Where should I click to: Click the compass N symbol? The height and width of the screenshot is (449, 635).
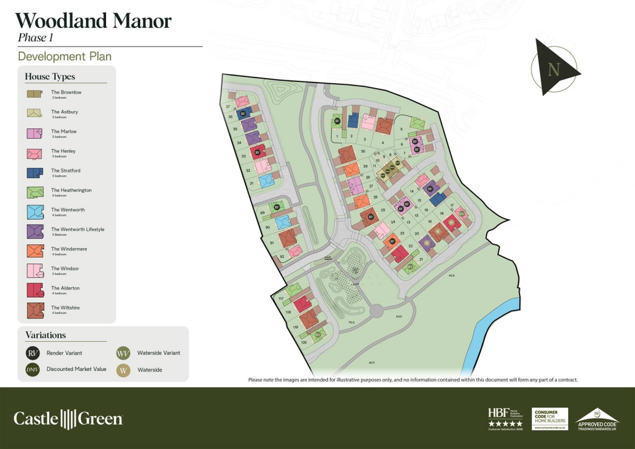(554, 69)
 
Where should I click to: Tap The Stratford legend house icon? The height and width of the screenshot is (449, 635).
(34, 172)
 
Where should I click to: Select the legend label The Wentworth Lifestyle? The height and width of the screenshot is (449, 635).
(78, 229)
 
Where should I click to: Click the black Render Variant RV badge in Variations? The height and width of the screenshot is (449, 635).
(33, 353)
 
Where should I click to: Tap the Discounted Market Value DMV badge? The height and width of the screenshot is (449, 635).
(33, 370)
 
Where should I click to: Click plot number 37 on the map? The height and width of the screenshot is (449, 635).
(228, 107)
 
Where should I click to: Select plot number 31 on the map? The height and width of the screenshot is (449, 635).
(252, 184)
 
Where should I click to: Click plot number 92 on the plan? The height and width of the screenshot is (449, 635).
(282, 256)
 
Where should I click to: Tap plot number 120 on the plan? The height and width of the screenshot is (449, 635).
(304, 342)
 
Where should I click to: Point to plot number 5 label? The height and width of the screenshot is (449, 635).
(402, 129)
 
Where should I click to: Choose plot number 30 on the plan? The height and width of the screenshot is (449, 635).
(363, 151)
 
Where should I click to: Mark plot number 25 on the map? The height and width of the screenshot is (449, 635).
(383, 210)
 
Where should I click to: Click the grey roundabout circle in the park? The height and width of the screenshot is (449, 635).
(376, 310)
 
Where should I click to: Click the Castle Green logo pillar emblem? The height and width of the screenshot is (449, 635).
(68, 419)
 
